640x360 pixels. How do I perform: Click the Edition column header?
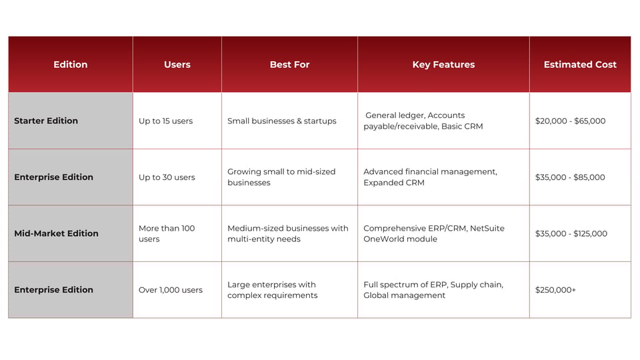(70, 65)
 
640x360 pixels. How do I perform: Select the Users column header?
(177, 65)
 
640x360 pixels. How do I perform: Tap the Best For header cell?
(289, 65)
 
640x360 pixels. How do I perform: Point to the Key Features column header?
(443, 65)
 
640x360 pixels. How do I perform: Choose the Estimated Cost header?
(580, 65)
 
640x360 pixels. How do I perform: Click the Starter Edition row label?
(46, 121)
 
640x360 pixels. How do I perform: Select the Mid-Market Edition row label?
(56, 233)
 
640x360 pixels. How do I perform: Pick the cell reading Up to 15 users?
(165, 121)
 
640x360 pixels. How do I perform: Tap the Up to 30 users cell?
(167, 177)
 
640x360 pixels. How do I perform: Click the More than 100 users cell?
(167, 233)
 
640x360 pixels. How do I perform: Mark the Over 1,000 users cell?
(171, 290)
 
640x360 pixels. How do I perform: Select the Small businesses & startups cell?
(282, 121)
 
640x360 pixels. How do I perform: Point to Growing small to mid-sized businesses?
(281, 177)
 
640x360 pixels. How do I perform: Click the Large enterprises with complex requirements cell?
(272, 290)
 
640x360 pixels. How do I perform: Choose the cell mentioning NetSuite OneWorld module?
(434, 233)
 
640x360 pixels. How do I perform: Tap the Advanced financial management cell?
(430, 177)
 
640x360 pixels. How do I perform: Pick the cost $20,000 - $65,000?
(570, 121)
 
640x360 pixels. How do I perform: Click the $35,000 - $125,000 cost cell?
(571, 233)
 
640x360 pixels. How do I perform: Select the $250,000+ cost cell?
(555, 290)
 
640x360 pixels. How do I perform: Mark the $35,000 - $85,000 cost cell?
(570, 177)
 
